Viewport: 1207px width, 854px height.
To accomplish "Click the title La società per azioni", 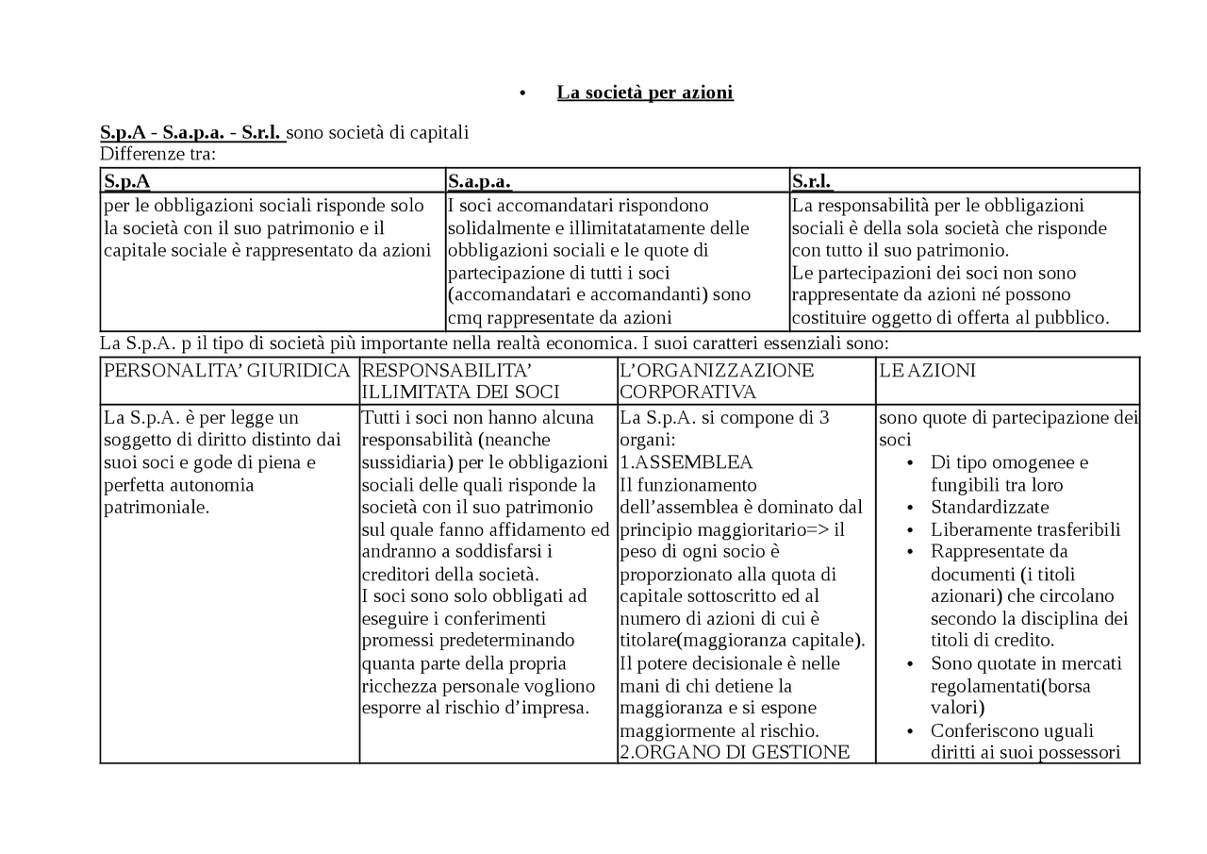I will (x=644, y=92).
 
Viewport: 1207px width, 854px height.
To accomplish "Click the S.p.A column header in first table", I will (x=127, y=181).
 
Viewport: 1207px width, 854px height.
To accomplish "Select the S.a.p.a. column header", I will (x=479, y=181).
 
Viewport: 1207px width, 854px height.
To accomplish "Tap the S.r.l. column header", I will (x=812, y=181).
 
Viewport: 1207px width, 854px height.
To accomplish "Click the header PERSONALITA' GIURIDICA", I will (x=226, y=371).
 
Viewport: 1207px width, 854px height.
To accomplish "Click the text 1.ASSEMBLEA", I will (x=686, y=462).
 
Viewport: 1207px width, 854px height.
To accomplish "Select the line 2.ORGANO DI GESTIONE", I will (x=735, y=752).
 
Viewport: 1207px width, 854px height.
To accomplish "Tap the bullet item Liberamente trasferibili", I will (x=1025, y=529).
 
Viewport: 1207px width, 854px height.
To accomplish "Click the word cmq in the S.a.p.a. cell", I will (x=464, y=318).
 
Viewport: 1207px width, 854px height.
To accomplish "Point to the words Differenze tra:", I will (x=157, y=154).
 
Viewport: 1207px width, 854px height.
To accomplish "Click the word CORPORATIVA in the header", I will (x=687, y=392).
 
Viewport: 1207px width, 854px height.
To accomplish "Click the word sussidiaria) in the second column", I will (x=406, y=462).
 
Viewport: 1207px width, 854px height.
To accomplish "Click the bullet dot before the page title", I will (x=522, y=93).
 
